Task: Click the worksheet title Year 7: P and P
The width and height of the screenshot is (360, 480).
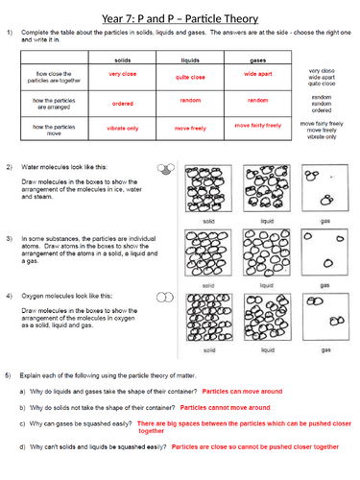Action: (x=180, y=13)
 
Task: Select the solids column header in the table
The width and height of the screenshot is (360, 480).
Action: (x=122, y=60)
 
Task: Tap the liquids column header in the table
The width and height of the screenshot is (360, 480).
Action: (x=190, y=60)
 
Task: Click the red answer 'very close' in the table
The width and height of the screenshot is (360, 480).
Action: (x=122, y=74)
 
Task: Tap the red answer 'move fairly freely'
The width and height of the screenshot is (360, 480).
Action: (x=257, y=125)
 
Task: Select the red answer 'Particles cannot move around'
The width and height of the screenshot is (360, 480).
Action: (x=225, y=407)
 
